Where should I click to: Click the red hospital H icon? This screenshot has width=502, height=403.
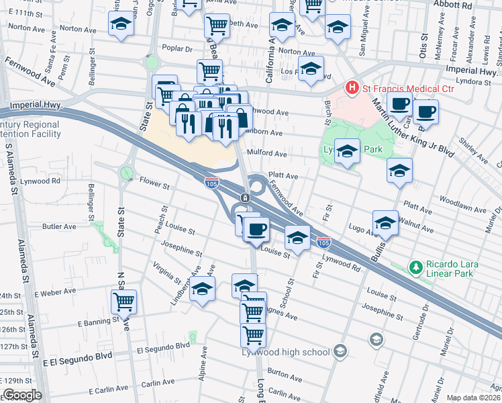tap(350, 88)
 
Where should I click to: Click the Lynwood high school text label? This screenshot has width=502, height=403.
tap(286, 352)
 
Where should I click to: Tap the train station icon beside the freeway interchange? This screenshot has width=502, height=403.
tap(246, 197)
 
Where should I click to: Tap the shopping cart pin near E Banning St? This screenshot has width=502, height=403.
tap(124, 302)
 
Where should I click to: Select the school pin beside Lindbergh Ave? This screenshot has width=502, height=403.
tap(201, 291)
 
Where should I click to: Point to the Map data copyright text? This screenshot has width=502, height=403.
tap(474, 397)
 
